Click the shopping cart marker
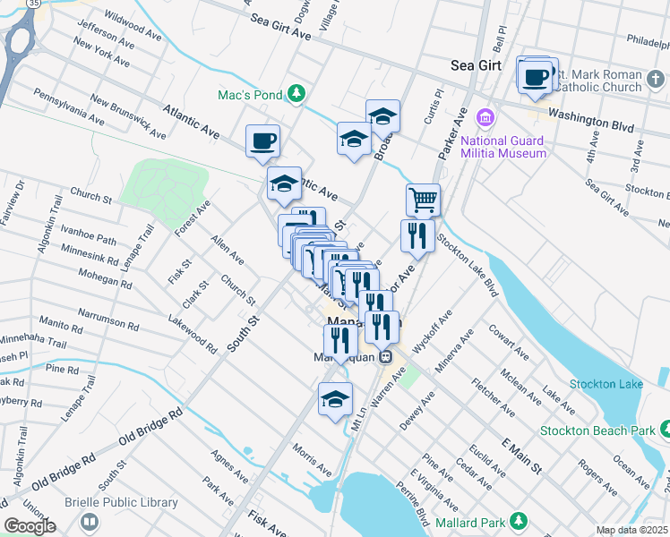[x=423, y=199]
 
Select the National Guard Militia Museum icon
[x=485, y=117]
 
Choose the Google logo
[x=30, y=526]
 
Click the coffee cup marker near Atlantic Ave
[x=263, y=141]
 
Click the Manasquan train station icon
[x=386, y=356]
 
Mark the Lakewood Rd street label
[x=192, y=334]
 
